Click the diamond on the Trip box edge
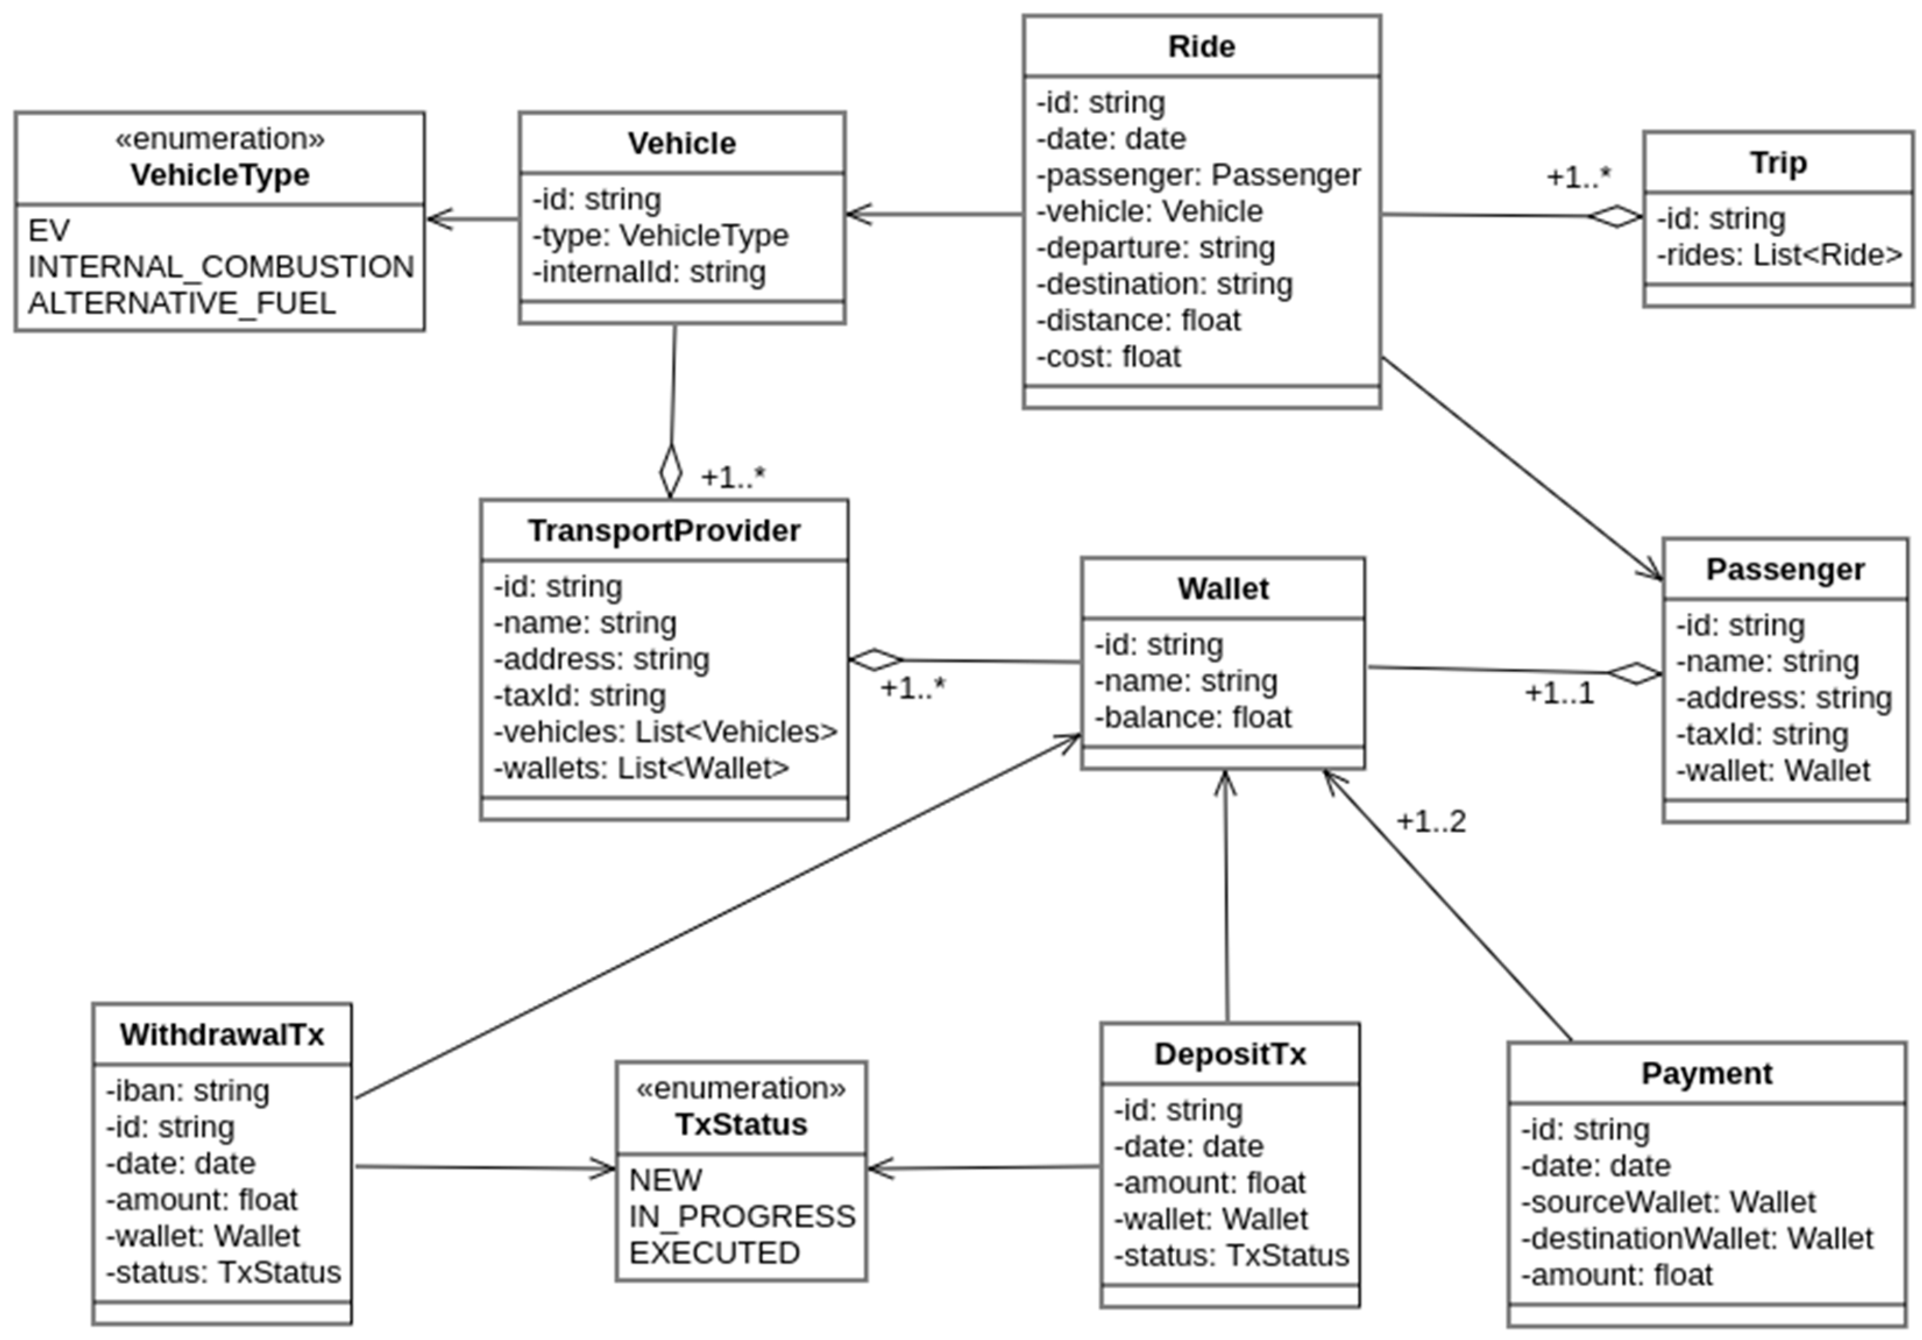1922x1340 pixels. pyautogui.click(x=1616, y=217)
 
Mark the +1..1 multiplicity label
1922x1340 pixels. pyautogui.click(x=1559, y=694)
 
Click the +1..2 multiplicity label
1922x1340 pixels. pyautogui.click(x=1431, y=822)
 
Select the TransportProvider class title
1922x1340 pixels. pyautogui.click(x=664, y=531)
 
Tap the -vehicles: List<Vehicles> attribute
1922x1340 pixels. pyautogui.click(x=665, y=732)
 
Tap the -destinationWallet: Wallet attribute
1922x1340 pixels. pyautogui.click(x=1697, y=1239)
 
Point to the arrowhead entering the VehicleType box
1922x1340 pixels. pyautogui.click(x=439, y=219)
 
